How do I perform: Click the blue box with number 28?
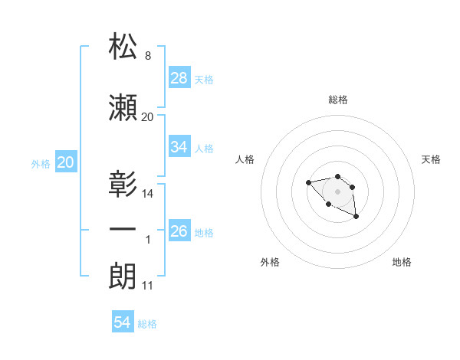(179, 78)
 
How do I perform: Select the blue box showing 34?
(179, 147)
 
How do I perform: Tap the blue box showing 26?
(179, 231)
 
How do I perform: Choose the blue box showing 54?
(123, 323)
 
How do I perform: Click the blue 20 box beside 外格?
(66, 162)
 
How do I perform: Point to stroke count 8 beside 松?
(146, 56)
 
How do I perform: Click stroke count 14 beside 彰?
(148, 194)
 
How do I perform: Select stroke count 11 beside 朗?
(147, 286)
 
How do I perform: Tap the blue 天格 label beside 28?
(204, 79)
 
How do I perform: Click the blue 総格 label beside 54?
(147, 324)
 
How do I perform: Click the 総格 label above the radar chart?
(337, 100)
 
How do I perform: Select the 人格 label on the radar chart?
(245, 159)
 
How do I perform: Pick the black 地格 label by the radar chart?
(402, 262)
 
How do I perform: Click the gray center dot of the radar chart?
(337, 191)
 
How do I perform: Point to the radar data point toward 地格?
(356, 218)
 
